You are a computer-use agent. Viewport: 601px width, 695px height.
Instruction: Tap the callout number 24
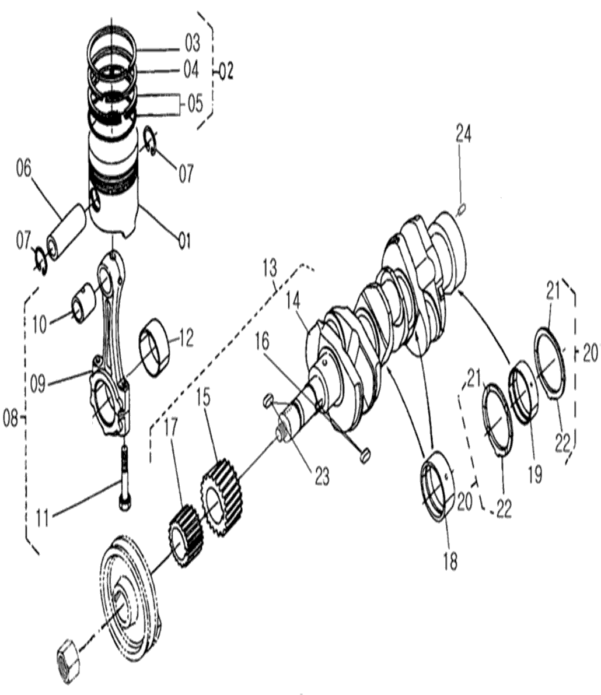(463, 134)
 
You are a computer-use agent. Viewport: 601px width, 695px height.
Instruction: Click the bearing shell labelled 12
(155, 347)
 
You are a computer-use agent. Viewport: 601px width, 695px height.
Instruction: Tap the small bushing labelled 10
(83, 303)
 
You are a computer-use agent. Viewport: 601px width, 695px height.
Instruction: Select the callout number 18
(450, 562)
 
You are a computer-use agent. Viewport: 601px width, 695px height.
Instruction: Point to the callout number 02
(226, 71)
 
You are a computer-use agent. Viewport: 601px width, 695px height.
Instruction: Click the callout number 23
(322, 476)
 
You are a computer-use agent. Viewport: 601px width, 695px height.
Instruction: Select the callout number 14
(293, 301)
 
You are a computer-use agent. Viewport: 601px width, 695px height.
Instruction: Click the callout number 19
(535, 475)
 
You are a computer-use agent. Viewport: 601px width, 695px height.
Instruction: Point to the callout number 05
(195, 103)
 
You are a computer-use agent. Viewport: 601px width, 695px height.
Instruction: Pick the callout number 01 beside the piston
(184, 241)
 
